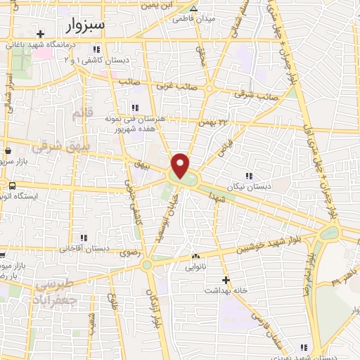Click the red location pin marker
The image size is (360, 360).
pyautogui.click(x=181, y=166)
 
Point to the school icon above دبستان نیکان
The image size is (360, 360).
pyautogui.click(x=247, y=176)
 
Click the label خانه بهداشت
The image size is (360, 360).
pyautogui.click(x=226, y=290)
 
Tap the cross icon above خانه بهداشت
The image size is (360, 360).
pyautogui.click(x=226, y=280)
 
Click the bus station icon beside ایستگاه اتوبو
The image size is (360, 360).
pyautogui.click(x=12, y=186)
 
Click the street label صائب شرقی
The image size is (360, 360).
pyautogui.click(x=254, y=94)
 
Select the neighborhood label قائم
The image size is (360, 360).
pyautogui.click(x=82, y=113)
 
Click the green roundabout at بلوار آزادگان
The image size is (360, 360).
pyautogui.click(x=146, y=265)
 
